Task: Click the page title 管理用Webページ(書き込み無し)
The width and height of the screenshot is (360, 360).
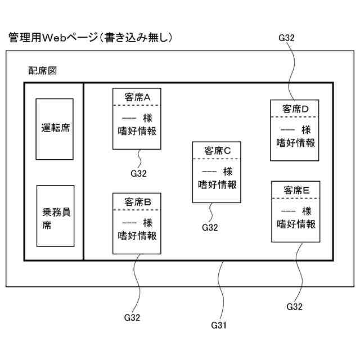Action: (x=90, y=38)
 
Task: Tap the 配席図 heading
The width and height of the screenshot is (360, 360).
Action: (x=43, y=71)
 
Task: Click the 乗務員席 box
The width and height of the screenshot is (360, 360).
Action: (x=55, y=216)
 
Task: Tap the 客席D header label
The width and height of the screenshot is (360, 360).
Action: (x=296, y=108)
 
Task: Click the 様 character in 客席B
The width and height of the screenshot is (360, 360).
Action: (x=147, y=222)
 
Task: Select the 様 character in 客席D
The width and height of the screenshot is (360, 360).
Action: (x=306, y=130)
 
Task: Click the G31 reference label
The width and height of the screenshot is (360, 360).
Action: (x=219, y=325)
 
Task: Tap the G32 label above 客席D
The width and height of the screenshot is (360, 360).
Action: (x=287, y=38)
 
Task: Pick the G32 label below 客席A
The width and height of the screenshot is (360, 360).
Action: (x=138, y=173)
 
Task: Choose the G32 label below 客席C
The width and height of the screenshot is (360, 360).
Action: (x=210, y=227)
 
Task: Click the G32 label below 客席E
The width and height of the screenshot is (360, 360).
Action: (x=295, y=307)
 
